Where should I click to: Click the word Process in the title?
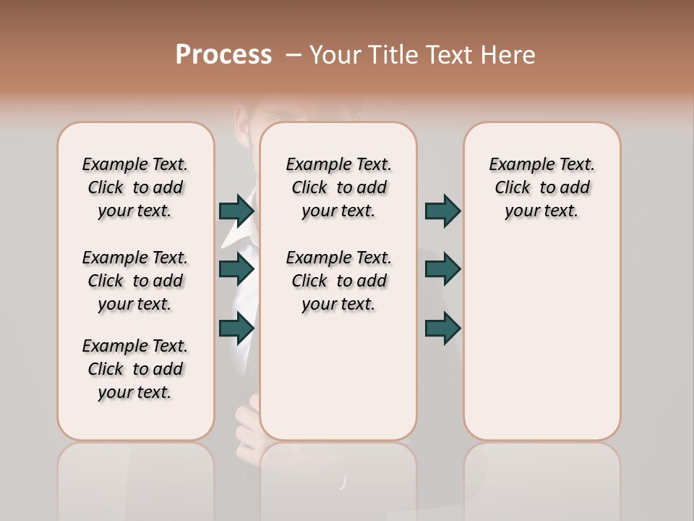[x=223, y=55]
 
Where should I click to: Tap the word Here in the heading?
[x=507, y=55]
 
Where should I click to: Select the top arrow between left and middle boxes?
[x=236, y=211]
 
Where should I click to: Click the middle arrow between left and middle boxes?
[x=236, y=270]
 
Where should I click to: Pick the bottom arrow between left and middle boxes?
[x=236, y=329]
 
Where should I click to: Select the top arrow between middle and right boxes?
[x=442, y=211]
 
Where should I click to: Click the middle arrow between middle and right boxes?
[x=442, y=270]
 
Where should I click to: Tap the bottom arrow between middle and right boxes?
[x=442, y=329]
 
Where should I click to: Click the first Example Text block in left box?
[x=135, y=187]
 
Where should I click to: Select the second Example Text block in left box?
[x=135, y=281]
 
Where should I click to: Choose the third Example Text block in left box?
[x=135, y=369]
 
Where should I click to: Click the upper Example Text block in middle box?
[x=338, y=187]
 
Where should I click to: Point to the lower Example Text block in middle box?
[x=338, y=281]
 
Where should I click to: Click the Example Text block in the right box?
[x=541, y=187]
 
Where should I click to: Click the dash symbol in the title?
[x=294, y=55]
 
